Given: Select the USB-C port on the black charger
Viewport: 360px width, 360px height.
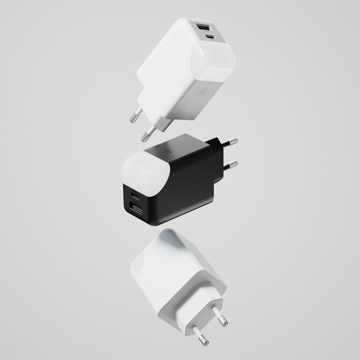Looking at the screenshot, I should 136,195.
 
